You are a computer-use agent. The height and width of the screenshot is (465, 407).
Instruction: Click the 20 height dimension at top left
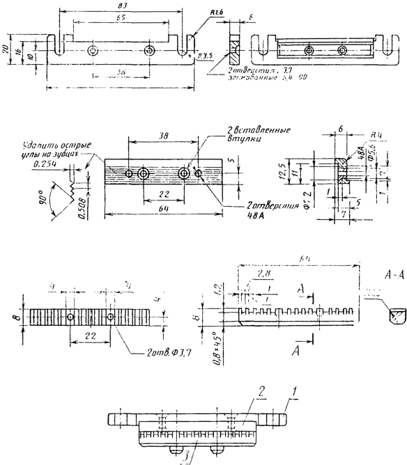(x=6, y=49)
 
